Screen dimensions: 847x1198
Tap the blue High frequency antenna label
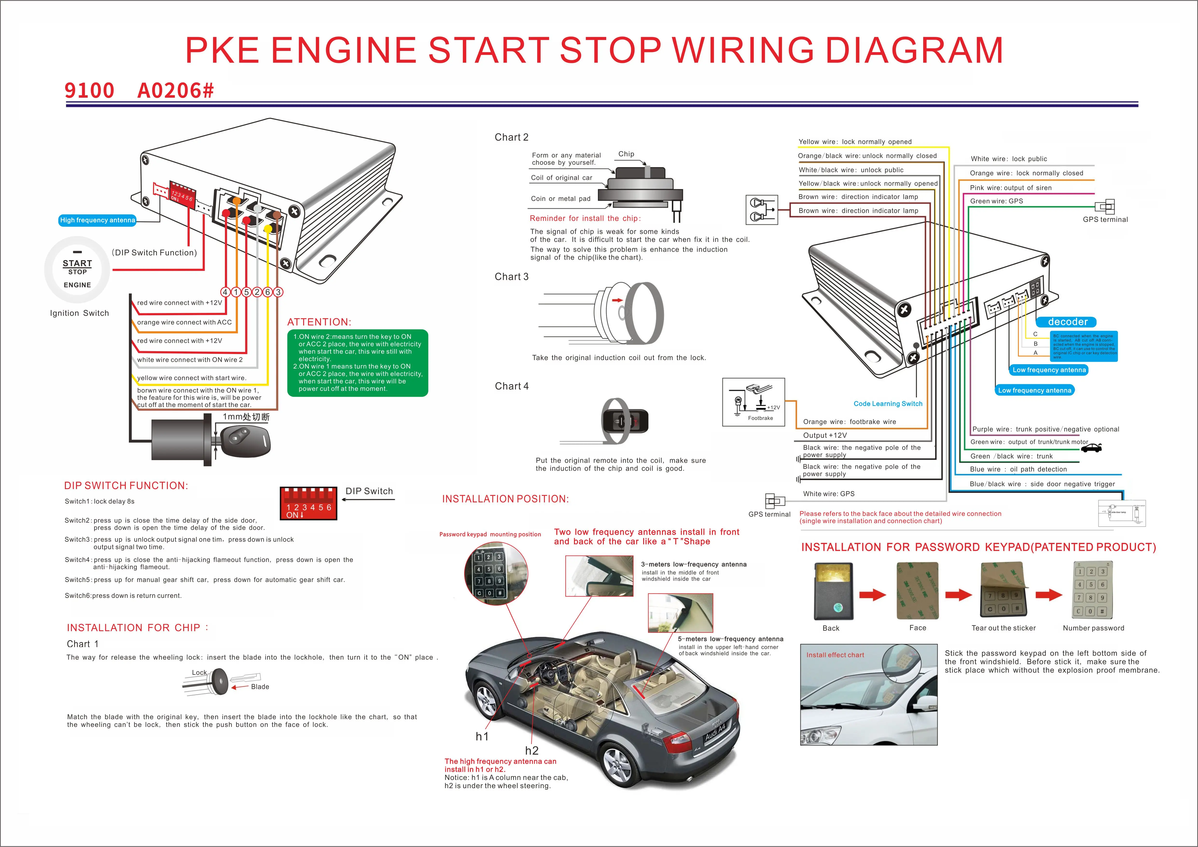pyautogui.click(x=98, y=220)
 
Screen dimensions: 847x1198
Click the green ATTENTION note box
pyautogui.click(x=357, y=363)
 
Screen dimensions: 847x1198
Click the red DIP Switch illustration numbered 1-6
pyautogui.click(x=308, y=503)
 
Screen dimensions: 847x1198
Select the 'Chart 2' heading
pyautogui.click(x=511, y=137)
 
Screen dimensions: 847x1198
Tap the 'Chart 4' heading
pyautogui.click(x=511, y=386)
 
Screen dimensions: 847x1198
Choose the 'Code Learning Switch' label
pyautogui.click(x=888, y=404)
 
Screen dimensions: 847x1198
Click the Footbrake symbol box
pyautogui.click(x=753, y=402)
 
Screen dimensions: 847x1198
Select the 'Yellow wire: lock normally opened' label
pyautogui.click(x=855, y=142)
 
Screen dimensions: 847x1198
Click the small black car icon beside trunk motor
pyautogui.click(x=1092, y=447)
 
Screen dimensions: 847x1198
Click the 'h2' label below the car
pyautogui.click(x=532, y=751)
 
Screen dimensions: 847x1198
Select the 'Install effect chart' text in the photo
pyautogui.click(x=835, y=655)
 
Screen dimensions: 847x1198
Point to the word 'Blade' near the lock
pyautogui.click(x=260, y=687)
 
